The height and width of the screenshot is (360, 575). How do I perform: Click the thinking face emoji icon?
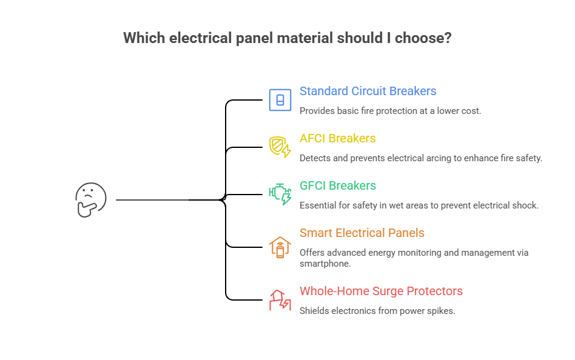tap(90, 199)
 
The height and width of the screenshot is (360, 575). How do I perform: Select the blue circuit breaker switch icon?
tap(280, 99)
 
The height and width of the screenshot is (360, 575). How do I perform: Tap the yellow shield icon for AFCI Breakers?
tap(280, 147)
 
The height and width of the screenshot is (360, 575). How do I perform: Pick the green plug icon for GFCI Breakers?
tap(280, 194)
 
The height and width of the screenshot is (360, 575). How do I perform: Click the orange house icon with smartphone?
tap(280, 247)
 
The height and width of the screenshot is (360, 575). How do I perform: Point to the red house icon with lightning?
tap(280, 299)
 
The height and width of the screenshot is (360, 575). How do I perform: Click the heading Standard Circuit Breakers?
tap(368, 92)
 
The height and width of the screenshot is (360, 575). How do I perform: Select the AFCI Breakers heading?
tap(337, 139)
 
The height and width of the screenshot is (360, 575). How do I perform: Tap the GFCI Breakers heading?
tap(337, 186)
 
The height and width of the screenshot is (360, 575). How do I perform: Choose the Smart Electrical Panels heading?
tap(361, 233)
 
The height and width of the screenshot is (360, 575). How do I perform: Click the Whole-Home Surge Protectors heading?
tap(381, 292)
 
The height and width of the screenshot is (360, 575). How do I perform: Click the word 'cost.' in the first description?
tap(470, 111)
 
